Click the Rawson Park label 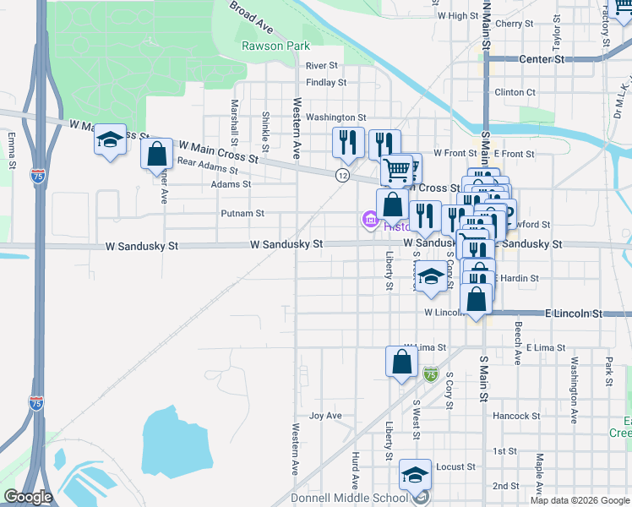[x=275, y=46]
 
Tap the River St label [x=322, y=65]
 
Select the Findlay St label [x=326, y=83]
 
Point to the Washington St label [x=335, y=117]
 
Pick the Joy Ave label [x=325, y=416]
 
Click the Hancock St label [x=516, y=416]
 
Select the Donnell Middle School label [x=350, y=498]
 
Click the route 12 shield [x=341, y=175]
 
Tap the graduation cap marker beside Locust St [x=415, y=475]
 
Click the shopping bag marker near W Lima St [x=402, y=362]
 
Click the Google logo [x=28, y=497]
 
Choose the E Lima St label [x=545, y=347]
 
